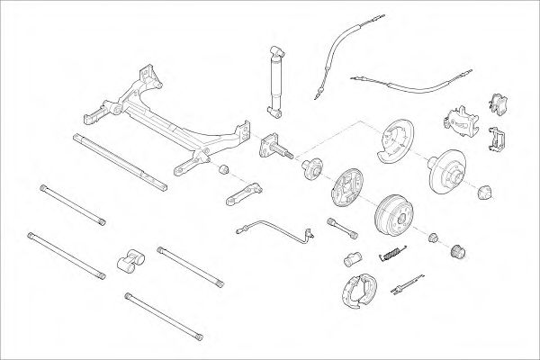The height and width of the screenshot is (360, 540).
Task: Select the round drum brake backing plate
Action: click(345, 190)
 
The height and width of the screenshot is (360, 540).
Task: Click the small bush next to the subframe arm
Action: click(226, 171)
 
